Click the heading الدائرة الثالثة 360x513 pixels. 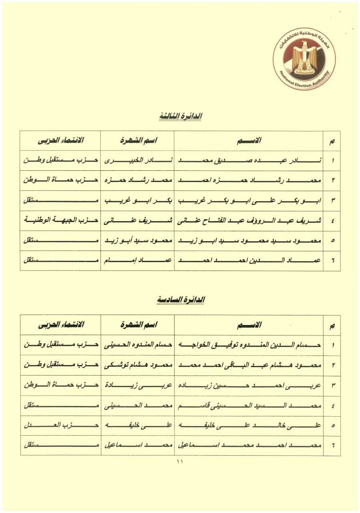point(180,116)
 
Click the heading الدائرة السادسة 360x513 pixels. point(180,300)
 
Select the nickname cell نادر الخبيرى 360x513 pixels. point(137,161)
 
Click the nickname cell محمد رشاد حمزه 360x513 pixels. point(137,181)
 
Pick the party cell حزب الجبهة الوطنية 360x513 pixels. point(60,221)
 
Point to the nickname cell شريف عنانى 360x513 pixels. point(137,221)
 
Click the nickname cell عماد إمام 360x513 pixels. point(137,261)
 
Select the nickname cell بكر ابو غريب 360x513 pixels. point(137,201)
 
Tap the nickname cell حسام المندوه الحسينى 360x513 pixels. point(137,345)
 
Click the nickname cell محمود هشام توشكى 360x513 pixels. point(137,365)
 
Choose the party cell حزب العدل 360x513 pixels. point(60,425)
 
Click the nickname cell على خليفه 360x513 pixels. point(137,425)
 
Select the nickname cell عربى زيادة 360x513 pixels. point(137,385)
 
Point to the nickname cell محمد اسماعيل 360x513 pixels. point(137,445)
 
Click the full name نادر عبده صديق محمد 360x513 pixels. point(249,161)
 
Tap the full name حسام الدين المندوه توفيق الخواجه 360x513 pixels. point(249,345)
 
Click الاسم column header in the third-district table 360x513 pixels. point(249,141)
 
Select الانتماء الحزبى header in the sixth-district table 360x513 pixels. point(60,325)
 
